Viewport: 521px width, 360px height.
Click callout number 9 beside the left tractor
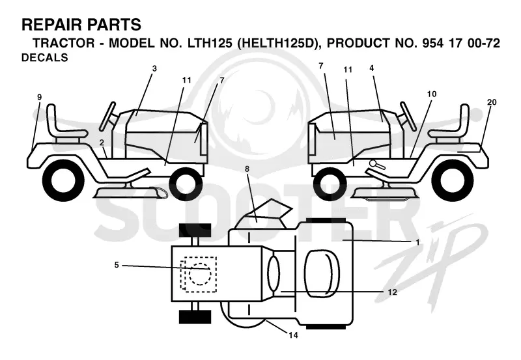click(40, 97)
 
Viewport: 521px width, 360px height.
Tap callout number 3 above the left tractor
click(154, 69)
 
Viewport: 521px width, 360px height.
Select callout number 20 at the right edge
click(492, 102)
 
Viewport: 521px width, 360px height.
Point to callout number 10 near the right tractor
click(432, 94)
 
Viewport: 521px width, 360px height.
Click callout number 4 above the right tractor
click(371, 68)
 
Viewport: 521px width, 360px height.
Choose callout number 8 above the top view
click(247, 169)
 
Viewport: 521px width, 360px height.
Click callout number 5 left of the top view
click(117, 266)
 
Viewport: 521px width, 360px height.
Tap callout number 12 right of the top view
click(393, 292)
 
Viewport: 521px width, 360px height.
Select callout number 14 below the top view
click(294, 335)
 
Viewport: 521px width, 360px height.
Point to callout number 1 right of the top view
click(417, 242)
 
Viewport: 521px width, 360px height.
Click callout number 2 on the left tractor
click(102, 143)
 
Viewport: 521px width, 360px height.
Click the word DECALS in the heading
click(45, 57)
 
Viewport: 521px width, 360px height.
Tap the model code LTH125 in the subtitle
click(210, 43)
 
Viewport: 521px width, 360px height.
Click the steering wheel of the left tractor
click(107, 116)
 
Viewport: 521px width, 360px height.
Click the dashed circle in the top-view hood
click(200, 275)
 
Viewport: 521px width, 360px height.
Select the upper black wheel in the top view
click(195, 230)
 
